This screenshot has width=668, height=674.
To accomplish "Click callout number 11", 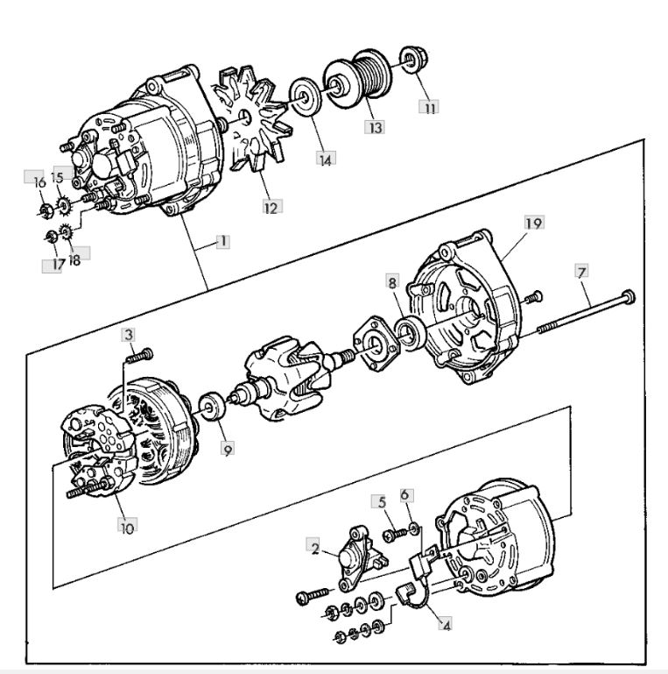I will pyautogui.click(x=429, y=108).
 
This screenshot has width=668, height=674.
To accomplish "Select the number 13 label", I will pyautogui.click(x=376, y=128).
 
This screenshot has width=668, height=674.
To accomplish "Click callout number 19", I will pyautogui.click(x=532, y=223).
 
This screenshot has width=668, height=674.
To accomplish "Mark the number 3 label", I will pyautogui.click(x=128, y=335).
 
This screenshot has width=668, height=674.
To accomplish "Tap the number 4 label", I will pyautogui.click(x=447, y=626).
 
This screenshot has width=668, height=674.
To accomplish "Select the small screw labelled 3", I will pyautogui.click(x=139, y=355).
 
